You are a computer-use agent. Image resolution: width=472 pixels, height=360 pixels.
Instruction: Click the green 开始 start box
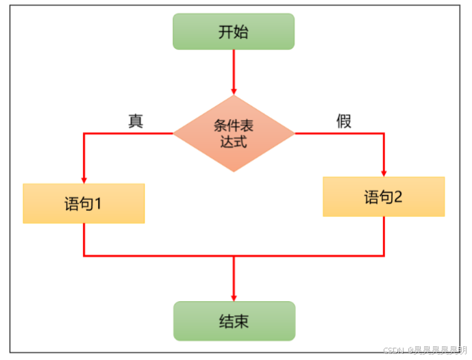coord(234,32)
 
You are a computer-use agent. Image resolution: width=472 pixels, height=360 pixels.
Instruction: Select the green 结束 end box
coord(234,321)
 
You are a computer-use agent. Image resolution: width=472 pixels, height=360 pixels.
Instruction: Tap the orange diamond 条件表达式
coord(234,133)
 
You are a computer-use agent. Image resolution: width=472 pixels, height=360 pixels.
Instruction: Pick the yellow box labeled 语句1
coord(84,203)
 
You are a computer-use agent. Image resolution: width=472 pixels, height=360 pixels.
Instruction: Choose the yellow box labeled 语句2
coord(384,197)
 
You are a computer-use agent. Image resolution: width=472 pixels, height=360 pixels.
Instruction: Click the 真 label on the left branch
coord(136,120)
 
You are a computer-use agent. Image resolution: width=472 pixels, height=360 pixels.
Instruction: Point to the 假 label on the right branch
coord(344,121)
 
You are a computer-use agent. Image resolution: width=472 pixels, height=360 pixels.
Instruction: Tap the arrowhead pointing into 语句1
coord(84,179)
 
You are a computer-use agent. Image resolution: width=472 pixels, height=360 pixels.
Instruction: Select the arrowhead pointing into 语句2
coord(384,172)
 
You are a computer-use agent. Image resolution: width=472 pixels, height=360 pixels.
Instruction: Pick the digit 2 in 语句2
coord(397,198)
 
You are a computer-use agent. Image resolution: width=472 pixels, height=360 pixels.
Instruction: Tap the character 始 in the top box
coord(242,32)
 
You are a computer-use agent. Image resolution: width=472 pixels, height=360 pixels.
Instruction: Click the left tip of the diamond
coord(174,133)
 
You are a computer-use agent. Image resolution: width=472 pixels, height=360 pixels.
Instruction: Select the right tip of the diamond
coord(294,133)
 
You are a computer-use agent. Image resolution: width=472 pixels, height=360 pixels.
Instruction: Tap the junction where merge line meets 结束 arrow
coord(234,256)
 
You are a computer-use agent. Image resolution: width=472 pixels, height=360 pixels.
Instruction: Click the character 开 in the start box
coord(225,32)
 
